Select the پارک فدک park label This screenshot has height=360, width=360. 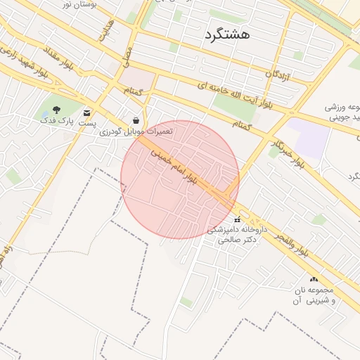(x=56, y=121)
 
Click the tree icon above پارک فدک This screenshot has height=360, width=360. (x=56, y=110)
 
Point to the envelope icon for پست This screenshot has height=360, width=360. (x=87, y=112)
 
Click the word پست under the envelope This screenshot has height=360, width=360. (x=87, y=123)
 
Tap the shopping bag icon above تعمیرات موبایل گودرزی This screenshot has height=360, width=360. (x=136, y=120)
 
